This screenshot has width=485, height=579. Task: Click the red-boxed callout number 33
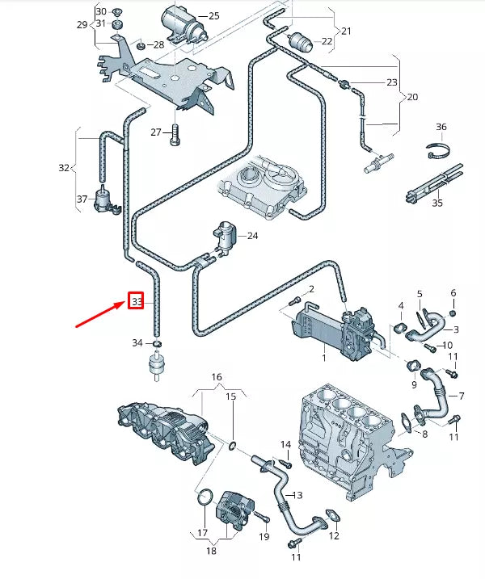pos(137,302)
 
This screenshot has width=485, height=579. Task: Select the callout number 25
pos(213,16)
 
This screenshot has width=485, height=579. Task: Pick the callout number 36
pos(441,127)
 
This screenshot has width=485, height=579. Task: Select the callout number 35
pos(437,203)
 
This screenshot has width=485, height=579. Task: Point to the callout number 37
pos(82,199)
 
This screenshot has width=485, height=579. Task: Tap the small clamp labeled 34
pos(158,346)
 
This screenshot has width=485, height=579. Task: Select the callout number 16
pos(216,377)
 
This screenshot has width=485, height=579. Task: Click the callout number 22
pos(327,42)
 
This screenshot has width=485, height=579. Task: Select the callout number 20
pos(411,96)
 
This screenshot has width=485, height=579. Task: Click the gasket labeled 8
pos(404,420)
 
